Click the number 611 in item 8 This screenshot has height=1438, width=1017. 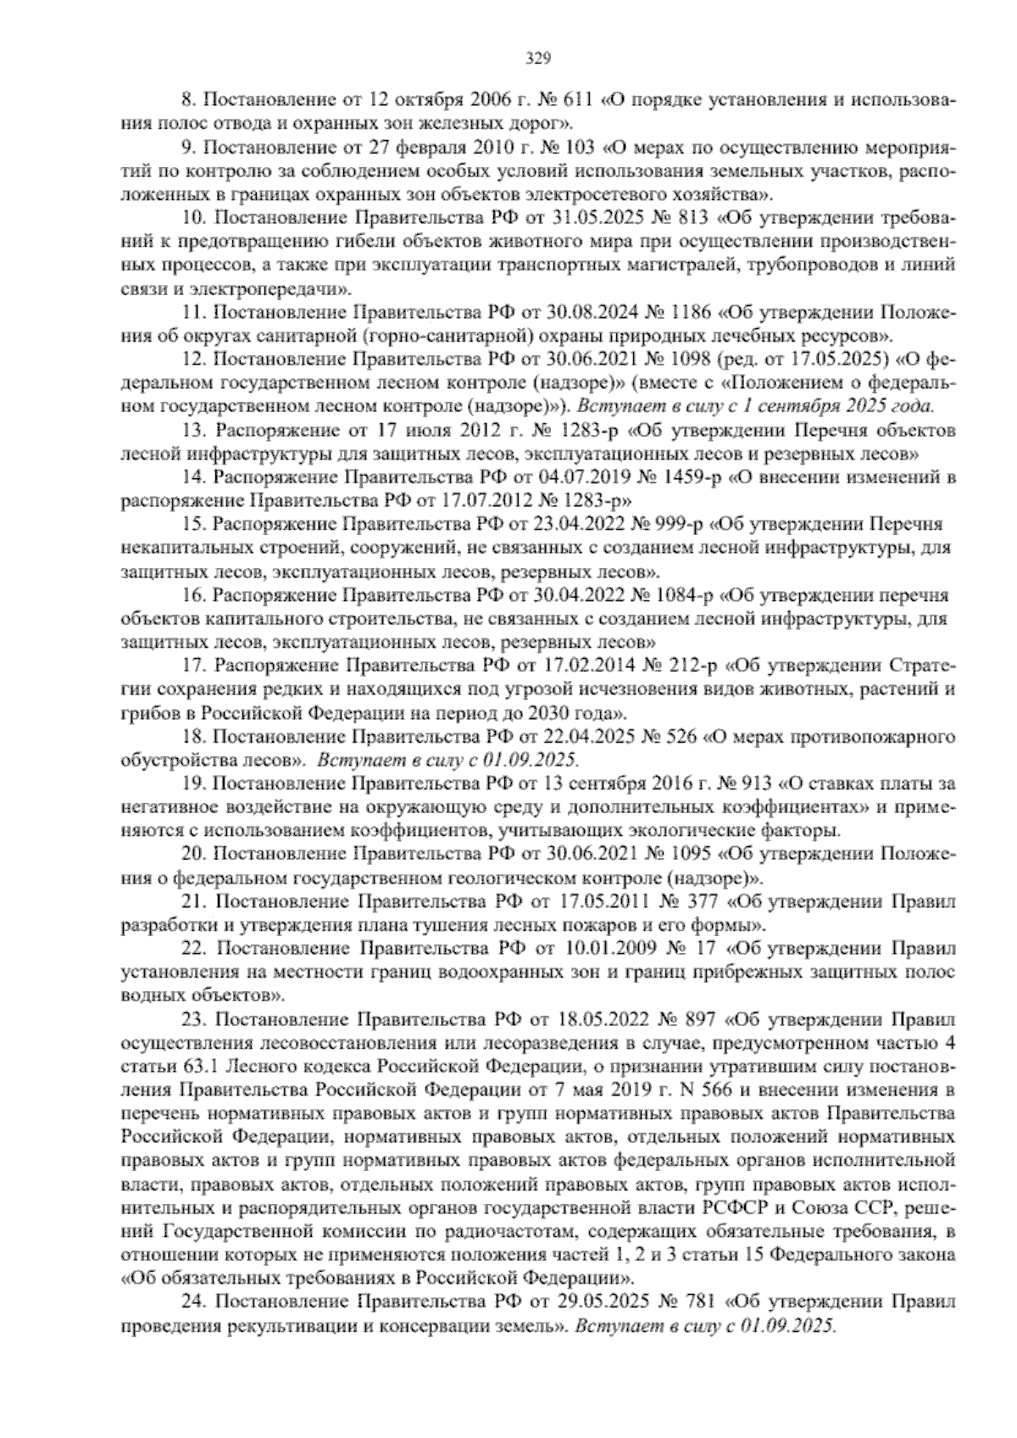[x=577, y=102]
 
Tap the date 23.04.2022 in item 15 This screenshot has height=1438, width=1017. [x=564, y=524]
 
